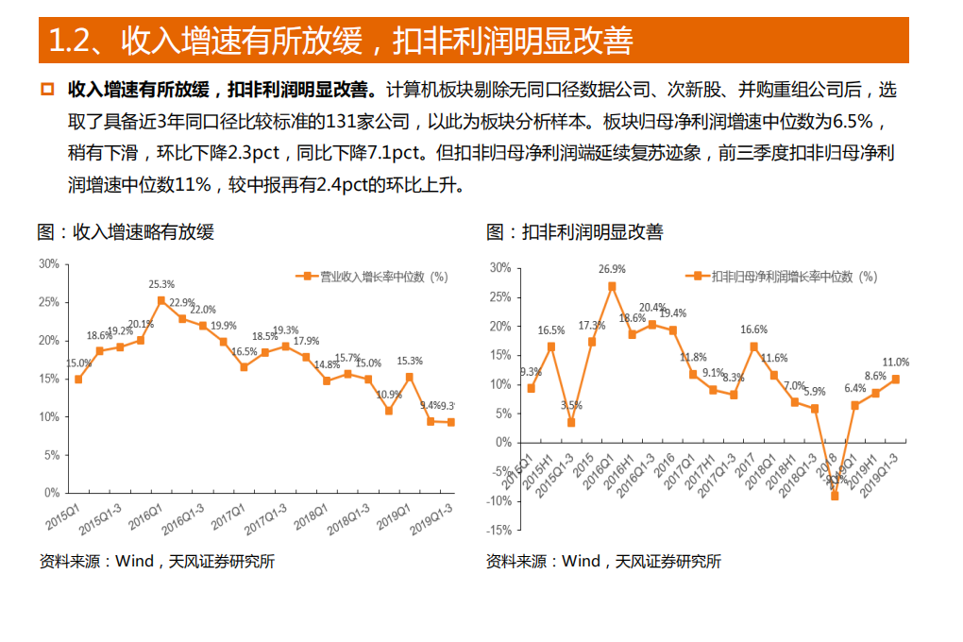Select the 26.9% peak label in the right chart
pyautogui.click(x=612, y=269)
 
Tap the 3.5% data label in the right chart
pyautogui.click(x=571, y=405)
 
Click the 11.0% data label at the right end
pyautogui.click(x=895, y=363)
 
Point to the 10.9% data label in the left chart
pyautogui.click(x=389, y=395)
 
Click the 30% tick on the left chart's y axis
pyautogui.click(x=50, y=263)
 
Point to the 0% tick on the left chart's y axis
pyautogui.click(x=53, y=493)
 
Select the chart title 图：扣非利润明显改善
pyautogui.click(x=574, y=231)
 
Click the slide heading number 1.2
pyautogui.click(x=68, y=41)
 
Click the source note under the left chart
pyautogui.click(x=157, y=561)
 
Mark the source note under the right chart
pyautogui.click(x=603, y=561)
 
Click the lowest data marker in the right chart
pyautogui.click(x=835, y=496)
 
